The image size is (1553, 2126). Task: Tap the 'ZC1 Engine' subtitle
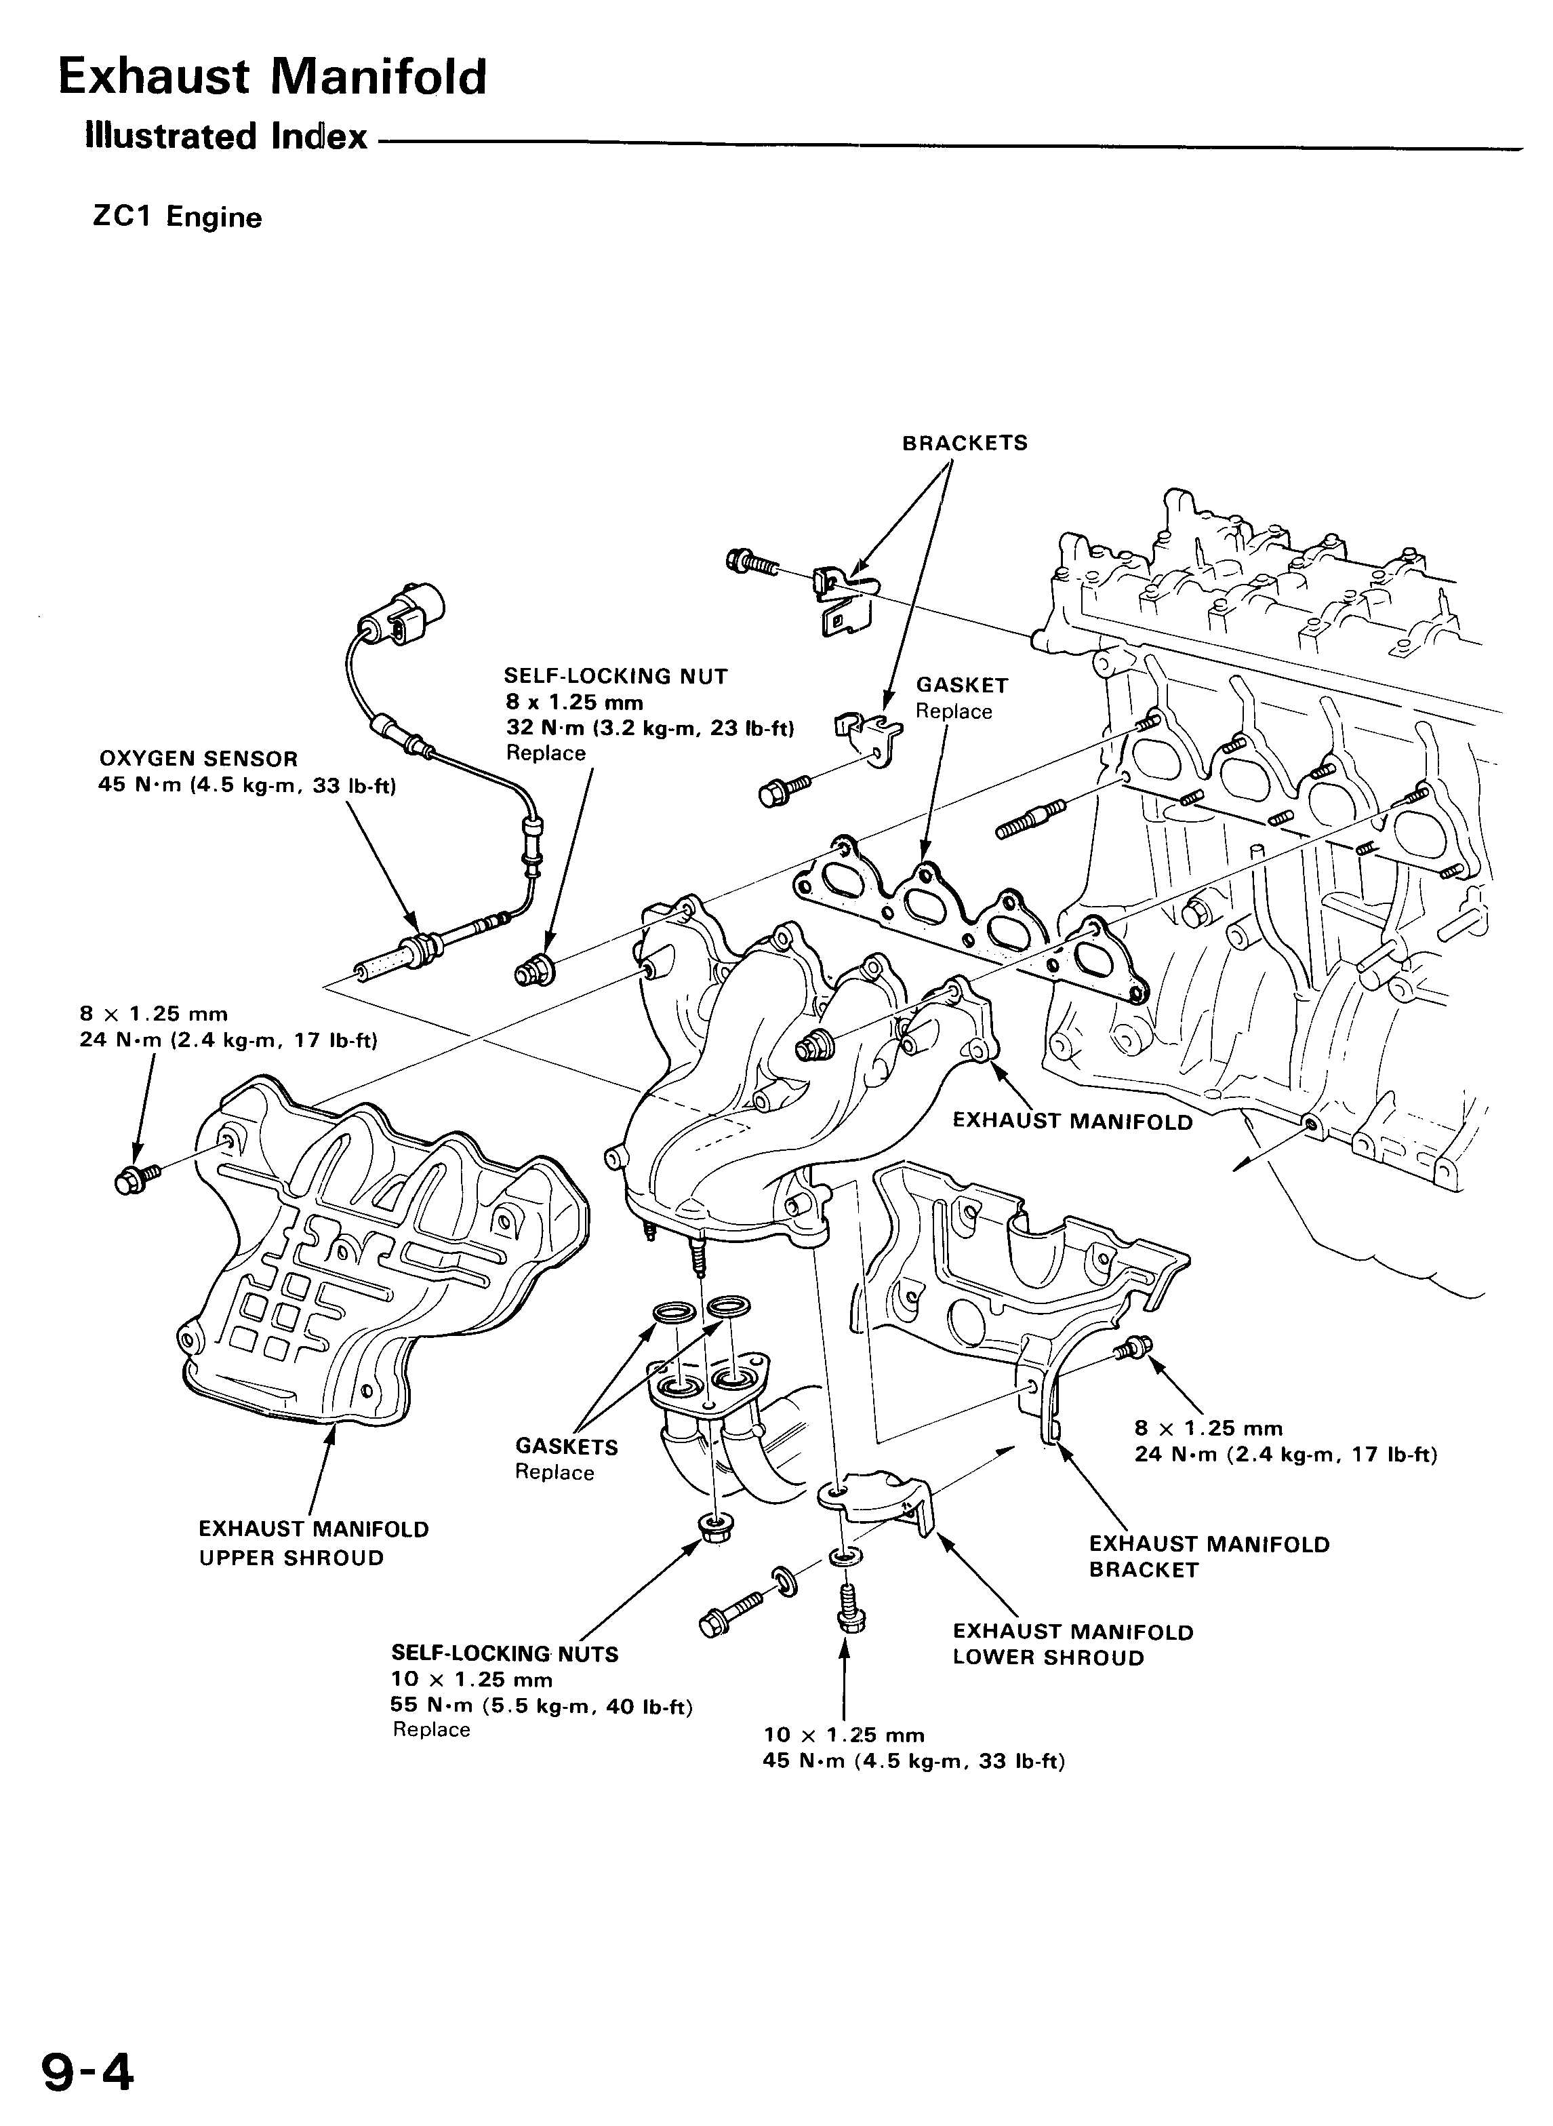tap(177, 217)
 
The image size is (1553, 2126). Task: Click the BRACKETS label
tap(965, 443)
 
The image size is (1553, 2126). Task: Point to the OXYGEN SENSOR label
tap(199, 759)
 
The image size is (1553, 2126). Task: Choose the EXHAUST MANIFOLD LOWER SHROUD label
tap(1072, 1645)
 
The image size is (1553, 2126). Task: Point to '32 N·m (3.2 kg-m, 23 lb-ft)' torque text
tap(649, 728)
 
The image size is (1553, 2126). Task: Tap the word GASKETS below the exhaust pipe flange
tap(566, 1447)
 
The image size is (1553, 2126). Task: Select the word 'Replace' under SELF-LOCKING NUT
tap(545, 753)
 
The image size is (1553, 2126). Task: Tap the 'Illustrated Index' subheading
tap(226, 137)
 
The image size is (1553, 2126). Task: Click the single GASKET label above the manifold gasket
tap(962, 686)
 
